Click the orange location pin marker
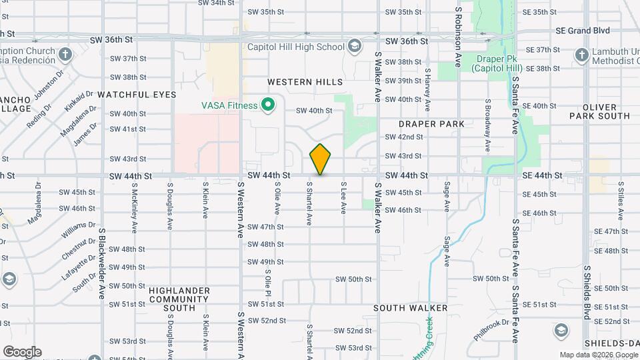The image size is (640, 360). tap(321, 159)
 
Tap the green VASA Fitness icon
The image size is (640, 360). tap(268, 105)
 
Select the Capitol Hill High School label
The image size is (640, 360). tap(295, 47)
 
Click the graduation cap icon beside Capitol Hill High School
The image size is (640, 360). tap(354, 47)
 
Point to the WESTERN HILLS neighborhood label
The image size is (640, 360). tap(305, 82)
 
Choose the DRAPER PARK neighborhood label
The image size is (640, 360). tap(431, 124)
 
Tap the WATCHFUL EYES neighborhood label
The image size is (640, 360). tap(137, 95)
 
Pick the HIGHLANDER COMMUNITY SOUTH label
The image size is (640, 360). tap(172, 299)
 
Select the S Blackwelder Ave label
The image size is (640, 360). tap(102, 263)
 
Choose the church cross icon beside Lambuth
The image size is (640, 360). tap(581, 54)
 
